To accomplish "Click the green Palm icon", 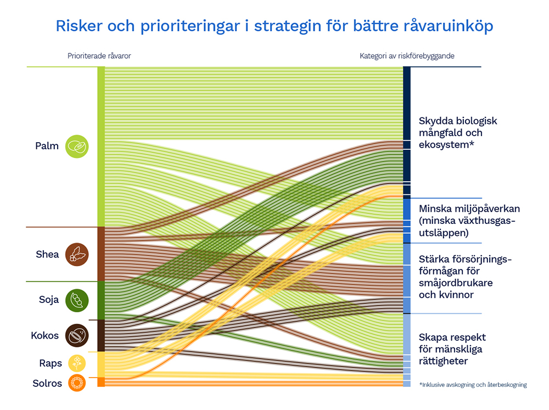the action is (x=77, y=147).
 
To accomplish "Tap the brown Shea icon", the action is (x=77, y=255).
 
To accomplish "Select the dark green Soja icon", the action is (x=77, y=300).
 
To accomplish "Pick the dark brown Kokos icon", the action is (x=77, y=335).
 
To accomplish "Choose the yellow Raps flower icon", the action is (x=77, y=363).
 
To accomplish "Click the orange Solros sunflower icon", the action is (x=77, y=383).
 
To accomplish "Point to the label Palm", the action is (x=47, y=146).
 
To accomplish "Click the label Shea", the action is (x=47, y=254).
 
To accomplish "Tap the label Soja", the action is (x=49, y=300).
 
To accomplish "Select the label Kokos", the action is (x=45, y=335).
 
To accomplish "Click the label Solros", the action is (x=47, y=384).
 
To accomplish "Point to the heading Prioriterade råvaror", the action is (x=99, y=56).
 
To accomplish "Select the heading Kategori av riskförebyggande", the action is (x=407, y=56).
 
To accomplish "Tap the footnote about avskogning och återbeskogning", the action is (x=473, y=385).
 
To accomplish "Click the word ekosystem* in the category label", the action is (x=446, y=145).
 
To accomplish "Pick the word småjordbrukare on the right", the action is (x=456, y=283).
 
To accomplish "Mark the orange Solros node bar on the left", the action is (x=101, y=382).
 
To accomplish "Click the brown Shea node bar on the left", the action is (x=101, y=254).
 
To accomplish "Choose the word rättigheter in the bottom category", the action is (x=443, y=361).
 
